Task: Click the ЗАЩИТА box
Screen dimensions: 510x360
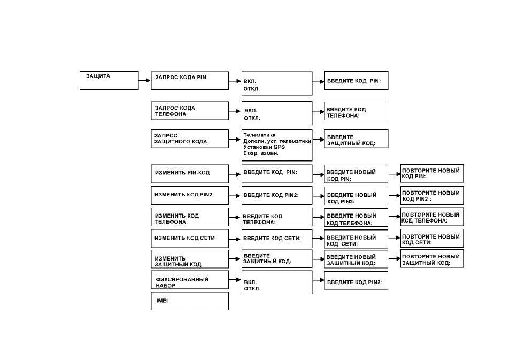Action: (109, 80)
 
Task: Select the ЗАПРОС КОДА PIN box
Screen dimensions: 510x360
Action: (190, 80)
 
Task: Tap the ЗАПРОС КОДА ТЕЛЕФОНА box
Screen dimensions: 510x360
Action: (190, 111)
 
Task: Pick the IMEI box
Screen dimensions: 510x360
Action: (190, 301)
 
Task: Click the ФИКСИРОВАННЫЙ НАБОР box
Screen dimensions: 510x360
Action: (190, 280)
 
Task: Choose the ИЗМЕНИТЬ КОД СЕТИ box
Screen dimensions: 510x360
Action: (190, 239)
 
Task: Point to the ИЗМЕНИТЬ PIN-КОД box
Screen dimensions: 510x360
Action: (190, 174)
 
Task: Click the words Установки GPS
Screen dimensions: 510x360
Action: (264, 147)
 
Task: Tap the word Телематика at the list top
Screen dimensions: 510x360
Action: (259, 135)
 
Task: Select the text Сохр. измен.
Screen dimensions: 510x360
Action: (261, 153)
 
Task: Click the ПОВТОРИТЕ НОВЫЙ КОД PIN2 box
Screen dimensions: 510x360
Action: (432, 195)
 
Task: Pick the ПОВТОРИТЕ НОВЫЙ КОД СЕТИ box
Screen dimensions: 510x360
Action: (432, 238)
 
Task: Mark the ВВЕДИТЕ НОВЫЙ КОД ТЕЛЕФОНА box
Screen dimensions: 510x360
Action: (356, 217)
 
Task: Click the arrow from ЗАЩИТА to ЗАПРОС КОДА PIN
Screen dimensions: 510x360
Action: (145, 80)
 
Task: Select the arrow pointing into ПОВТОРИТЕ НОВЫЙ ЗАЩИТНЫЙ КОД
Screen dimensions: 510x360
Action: (394, 259)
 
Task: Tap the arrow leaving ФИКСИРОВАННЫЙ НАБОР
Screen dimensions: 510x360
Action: (235, 280)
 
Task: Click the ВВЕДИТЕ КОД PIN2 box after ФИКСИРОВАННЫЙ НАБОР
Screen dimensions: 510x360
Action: (356, 280)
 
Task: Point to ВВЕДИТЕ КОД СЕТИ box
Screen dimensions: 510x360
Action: (277, 239)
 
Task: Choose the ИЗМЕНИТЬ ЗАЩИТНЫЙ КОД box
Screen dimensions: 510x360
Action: (190, 259)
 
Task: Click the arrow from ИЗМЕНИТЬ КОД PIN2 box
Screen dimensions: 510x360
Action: (235, 196)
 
